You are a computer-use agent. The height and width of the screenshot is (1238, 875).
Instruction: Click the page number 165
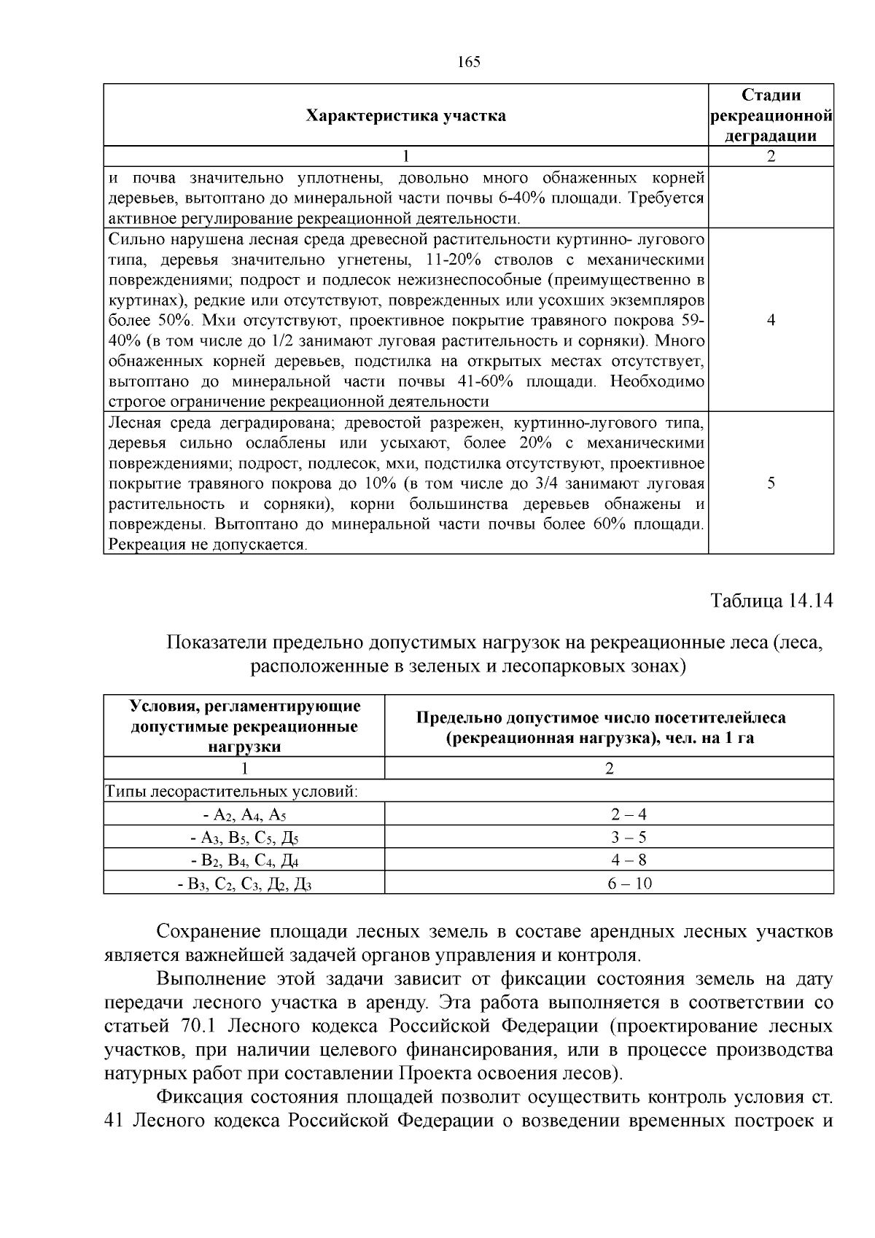[469, 62]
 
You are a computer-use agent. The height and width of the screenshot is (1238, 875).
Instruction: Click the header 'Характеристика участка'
[405, 116]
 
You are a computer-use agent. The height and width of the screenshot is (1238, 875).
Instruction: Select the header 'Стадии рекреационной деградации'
[771, 115]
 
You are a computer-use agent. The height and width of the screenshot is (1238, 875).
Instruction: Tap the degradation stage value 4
[771, 320]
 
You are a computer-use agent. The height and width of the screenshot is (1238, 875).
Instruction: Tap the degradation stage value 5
[771, 483]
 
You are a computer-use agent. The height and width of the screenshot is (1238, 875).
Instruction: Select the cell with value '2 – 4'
[609, 814]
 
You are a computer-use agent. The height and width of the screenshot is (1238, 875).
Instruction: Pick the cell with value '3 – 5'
[609, 837]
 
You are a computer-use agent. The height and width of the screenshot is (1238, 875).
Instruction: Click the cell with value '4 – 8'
[609, 860]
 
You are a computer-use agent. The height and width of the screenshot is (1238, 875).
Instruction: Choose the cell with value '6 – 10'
[609, 884]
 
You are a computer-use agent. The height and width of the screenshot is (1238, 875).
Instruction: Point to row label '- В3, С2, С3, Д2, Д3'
[244, 884]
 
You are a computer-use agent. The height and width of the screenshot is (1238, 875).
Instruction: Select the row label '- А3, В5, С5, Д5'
[244, 838]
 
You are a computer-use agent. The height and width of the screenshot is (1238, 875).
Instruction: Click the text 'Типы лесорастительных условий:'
[232, 791]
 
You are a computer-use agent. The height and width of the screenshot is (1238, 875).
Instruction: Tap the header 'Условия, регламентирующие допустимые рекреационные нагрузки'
[244, 726]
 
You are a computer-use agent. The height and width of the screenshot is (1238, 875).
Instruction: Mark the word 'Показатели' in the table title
[215, 643]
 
